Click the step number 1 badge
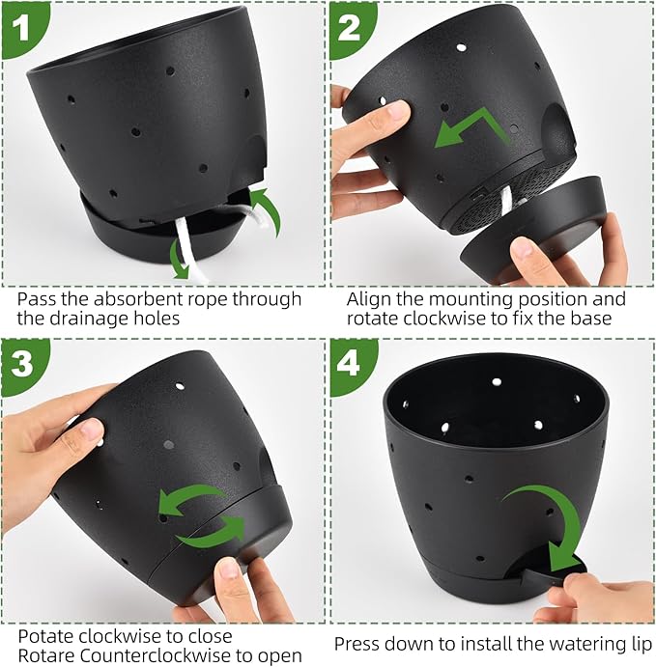(18, 19)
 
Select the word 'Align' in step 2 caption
(369, 299)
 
